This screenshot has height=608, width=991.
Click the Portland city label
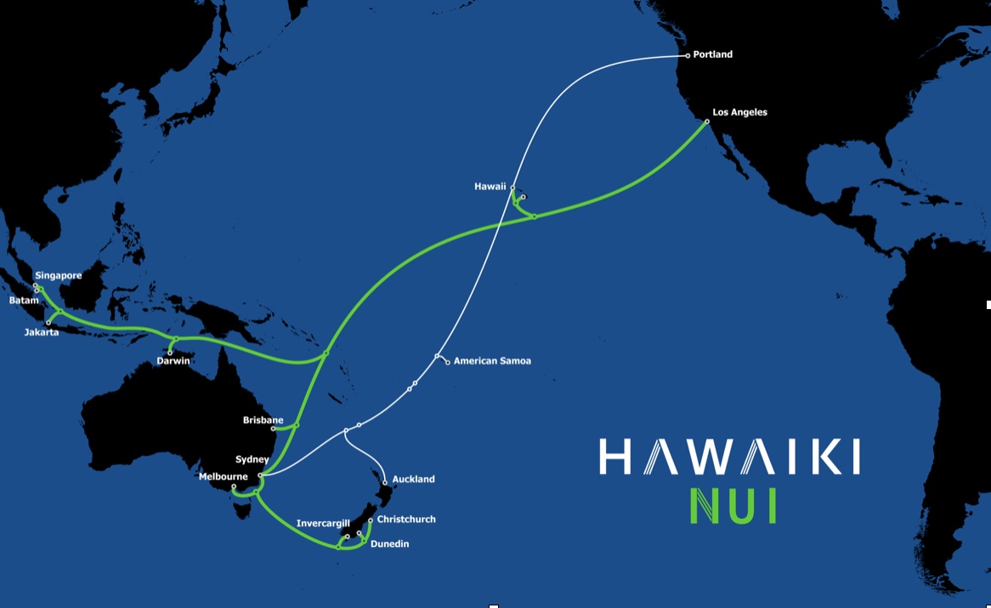pyautogui.click(x=712, y=55)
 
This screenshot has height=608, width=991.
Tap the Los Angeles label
pyautogui.click(x=739, y=112)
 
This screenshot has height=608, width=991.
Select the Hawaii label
pyautogui.click(x=491, y=186)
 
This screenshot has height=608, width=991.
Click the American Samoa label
pyautogui.click(x=492, y=361)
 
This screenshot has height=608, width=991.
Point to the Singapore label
pyautogui.click(x=58, y=276)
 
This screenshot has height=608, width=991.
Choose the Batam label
pyautogui.click(x=24, y=301)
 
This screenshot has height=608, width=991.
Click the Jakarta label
pyautogui.click(x=42, y=332)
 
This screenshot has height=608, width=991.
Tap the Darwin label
pyautogui.click(x=173, y=361)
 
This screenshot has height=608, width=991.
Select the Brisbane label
pyautogui.click(x=263, y=420)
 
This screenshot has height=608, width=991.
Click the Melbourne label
pyautogui.click(x=223, y=476)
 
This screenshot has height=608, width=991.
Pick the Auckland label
pyautogui.click(x=413, y=479)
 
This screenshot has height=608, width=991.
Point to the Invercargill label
pyautogui.click(x=323, y=523)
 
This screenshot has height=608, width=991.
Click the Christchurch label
pyautogui.click(x=406, y=519)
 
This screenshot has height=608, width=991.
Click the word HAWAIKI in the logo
pyautogui.click(x=729, y=457)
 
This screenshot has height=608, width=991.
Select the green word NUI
pyautogui.click(x=733, y=505)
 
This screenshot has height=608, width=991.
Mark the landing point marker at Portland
pyautogui.click(x=688, y=56)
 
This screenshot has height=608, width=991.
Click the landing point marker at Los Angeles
pyautogui.click(x=707, y=122)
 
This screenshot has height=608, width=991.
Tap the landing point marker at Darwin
pyautogui.click(x=170, y=352)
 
